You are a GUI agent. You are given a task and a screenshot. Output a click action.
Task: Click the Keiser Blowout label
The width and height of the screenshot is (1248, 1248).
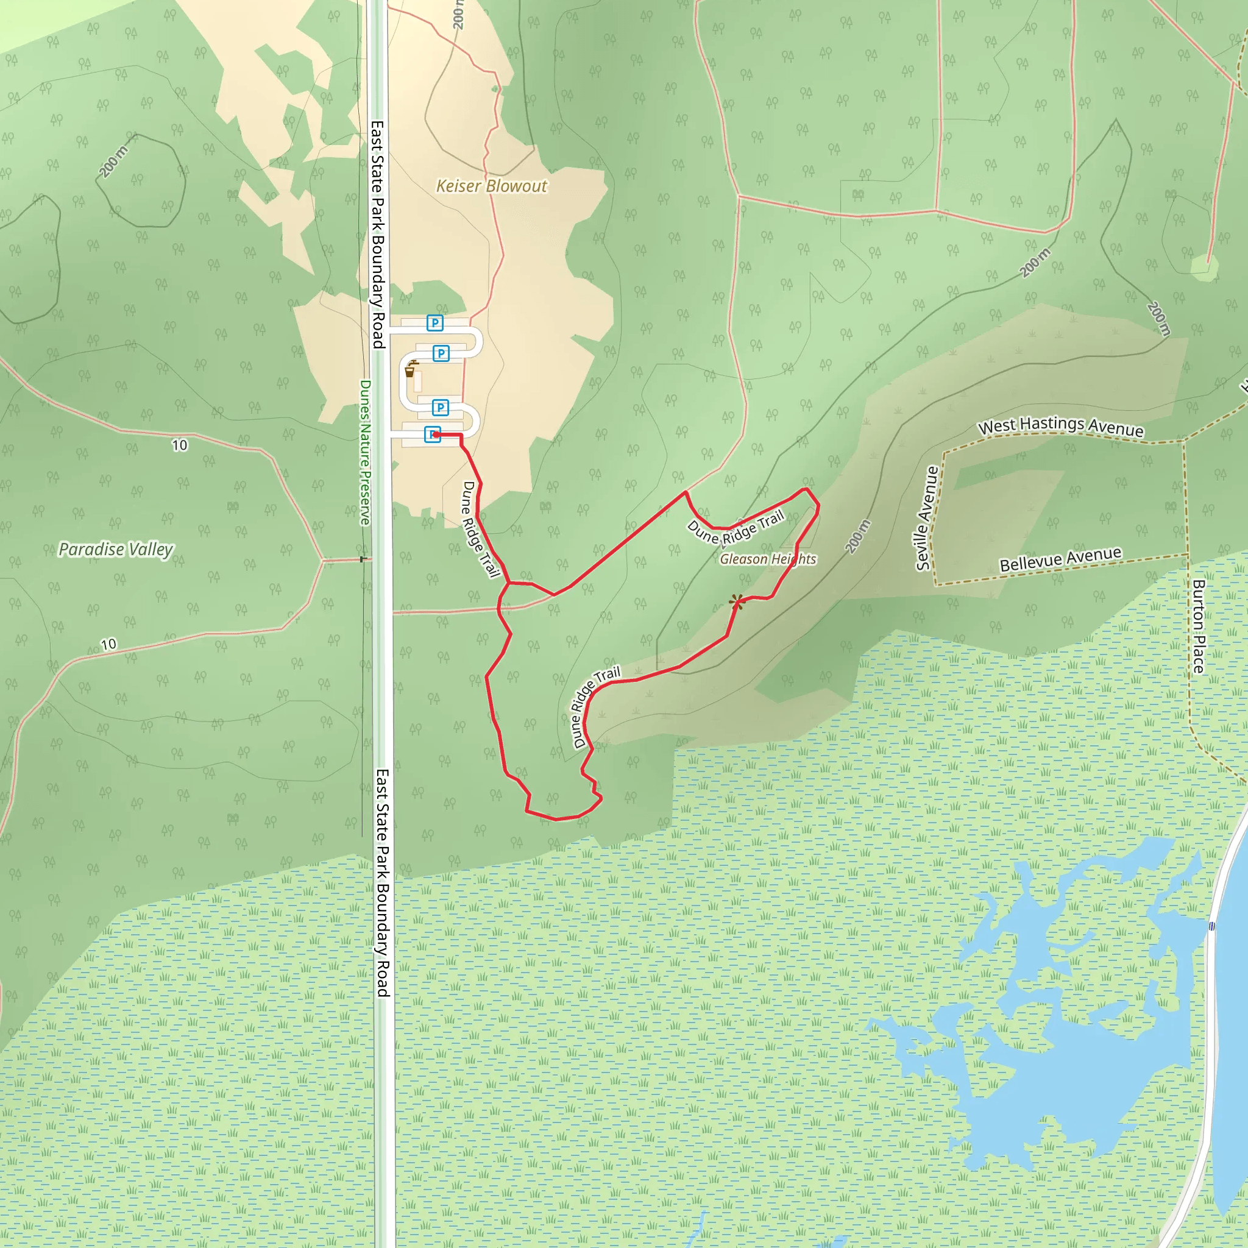(x=492, y=186)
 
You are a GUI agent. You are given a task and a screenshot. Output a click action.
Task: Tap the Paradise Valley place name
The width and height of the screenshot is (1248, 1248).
(x=116, y=549)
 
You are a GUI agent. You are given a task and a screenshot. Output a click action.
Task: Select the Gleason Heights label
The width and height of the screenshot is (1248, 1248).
(x=767, y=559)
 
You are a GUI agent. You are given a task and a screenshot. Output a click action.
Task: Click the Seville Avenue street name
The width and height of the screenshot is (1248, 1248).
(x=926, y=518)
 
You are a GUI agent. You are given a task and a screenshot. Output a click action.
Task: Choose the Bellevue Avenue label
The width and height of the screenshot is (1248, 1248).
(x=1060, y=559)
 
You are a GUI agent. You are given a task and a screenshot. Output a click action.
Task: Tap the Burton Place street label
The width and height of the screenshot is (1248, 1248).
(x=1198, y=626)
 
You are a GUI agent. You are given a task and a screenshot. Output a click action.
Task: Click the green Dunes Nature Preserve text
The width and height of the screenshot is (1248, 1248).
(x=365, y=452)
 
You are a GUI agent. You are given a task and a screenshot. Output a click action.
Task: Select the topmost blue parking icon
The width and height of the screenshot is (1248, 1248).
(x=434, y=323)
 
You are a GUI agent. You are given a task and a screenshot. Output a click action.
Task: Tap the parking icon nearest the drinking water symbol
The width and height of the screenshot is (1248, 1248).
(x=441, y=353)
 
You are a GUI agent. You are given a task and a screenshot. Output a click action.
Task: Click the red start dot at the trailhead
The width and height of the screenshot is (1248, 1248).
(x=437, y=434)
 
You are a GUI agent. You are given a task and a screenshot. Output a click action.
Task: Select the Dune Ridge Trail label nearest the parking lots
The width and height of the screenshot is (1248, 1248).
(x=480, y=528)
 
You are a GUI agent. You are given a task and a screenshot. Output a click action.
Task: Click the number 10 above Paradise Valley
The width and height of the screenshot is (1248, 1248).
(x=180, y=445)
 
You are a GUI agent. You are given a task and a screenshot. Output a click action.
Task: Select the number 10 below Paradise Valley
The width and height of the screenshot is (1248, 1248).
(x=108, y=644)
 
